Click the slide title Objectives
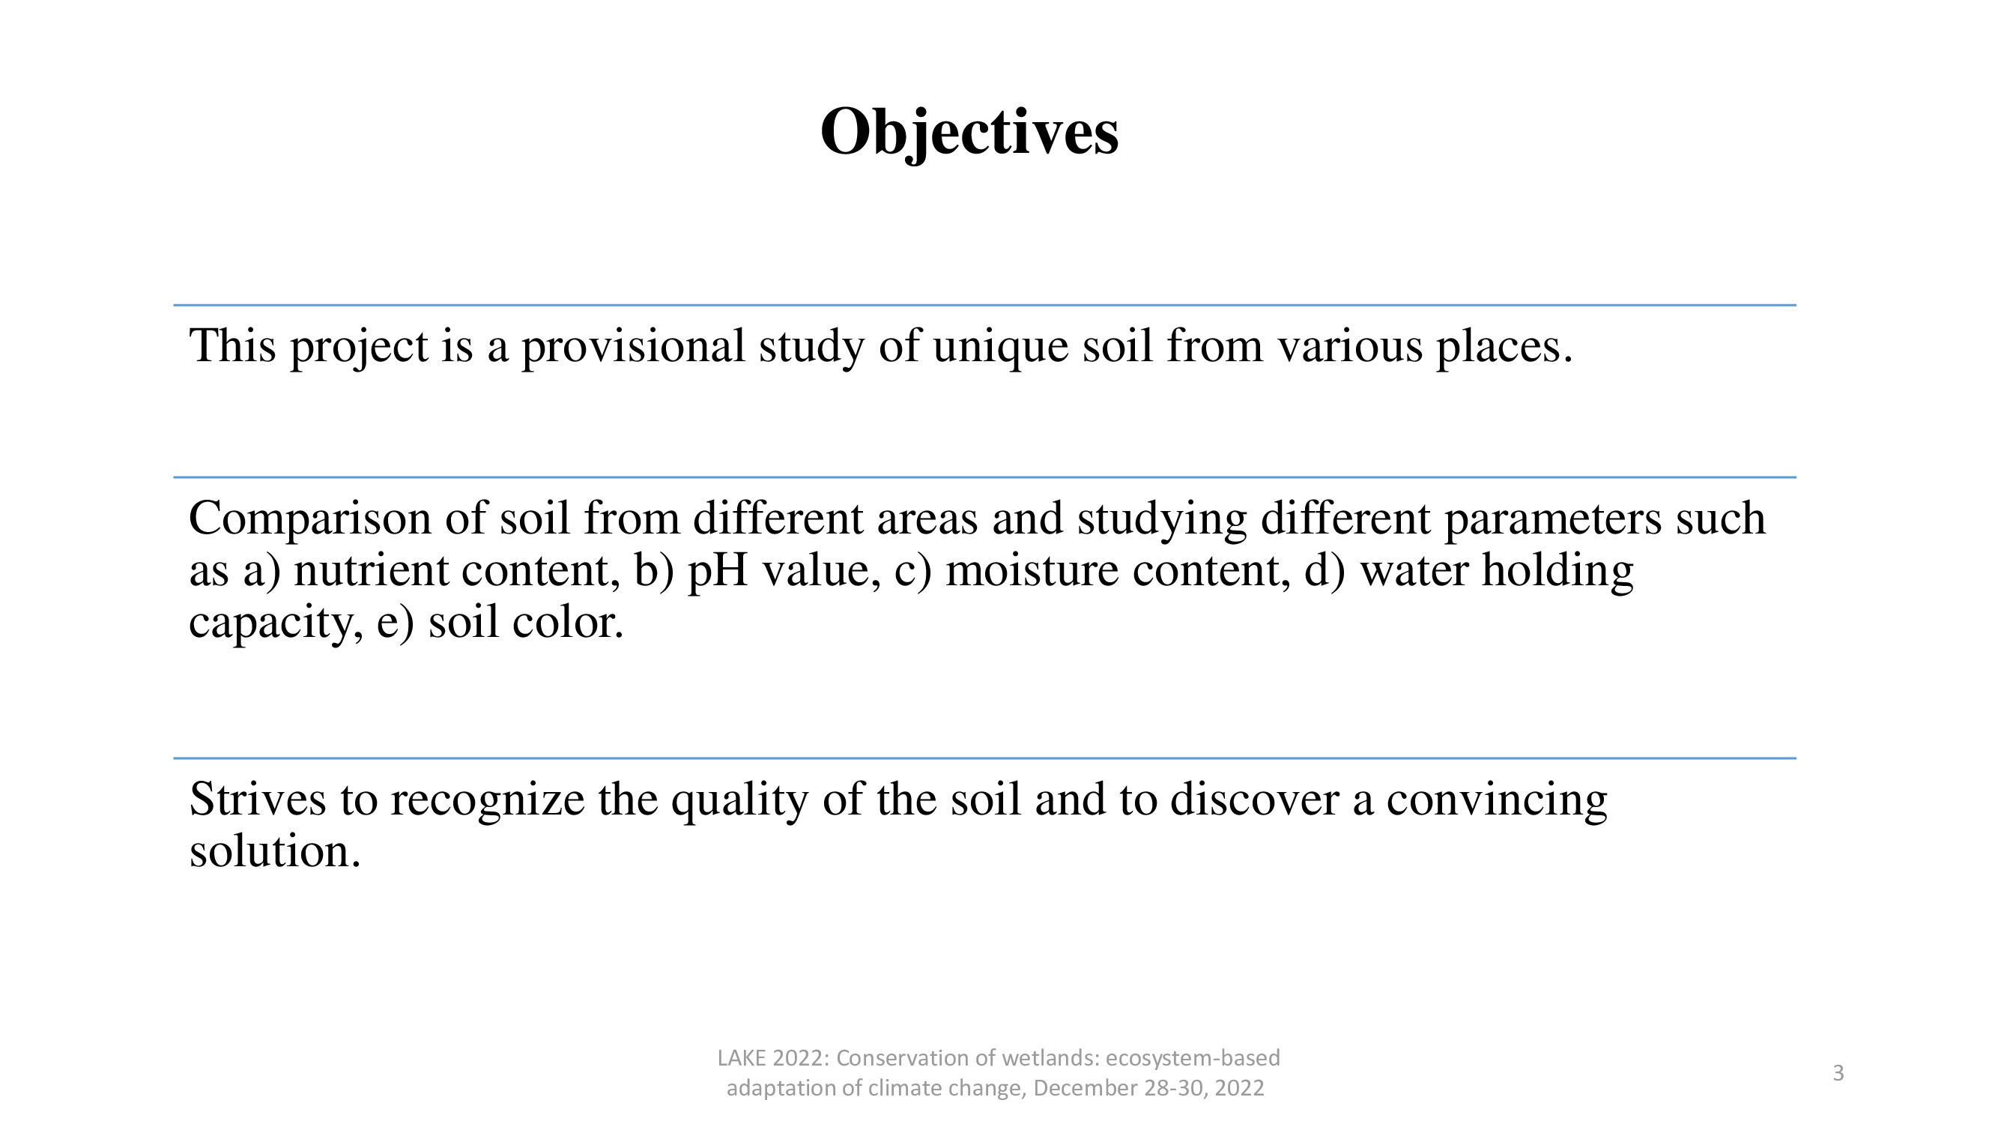click(969, 133)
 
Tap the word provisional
click(633, 348)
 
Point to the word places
click(1504, 348)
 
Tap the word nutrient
click(372, 571)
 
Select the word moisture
click(1032, 571)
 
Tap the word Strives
click(258, 799)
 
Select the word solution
click(276, 851)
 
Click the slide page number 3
click(1838, 1073)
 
